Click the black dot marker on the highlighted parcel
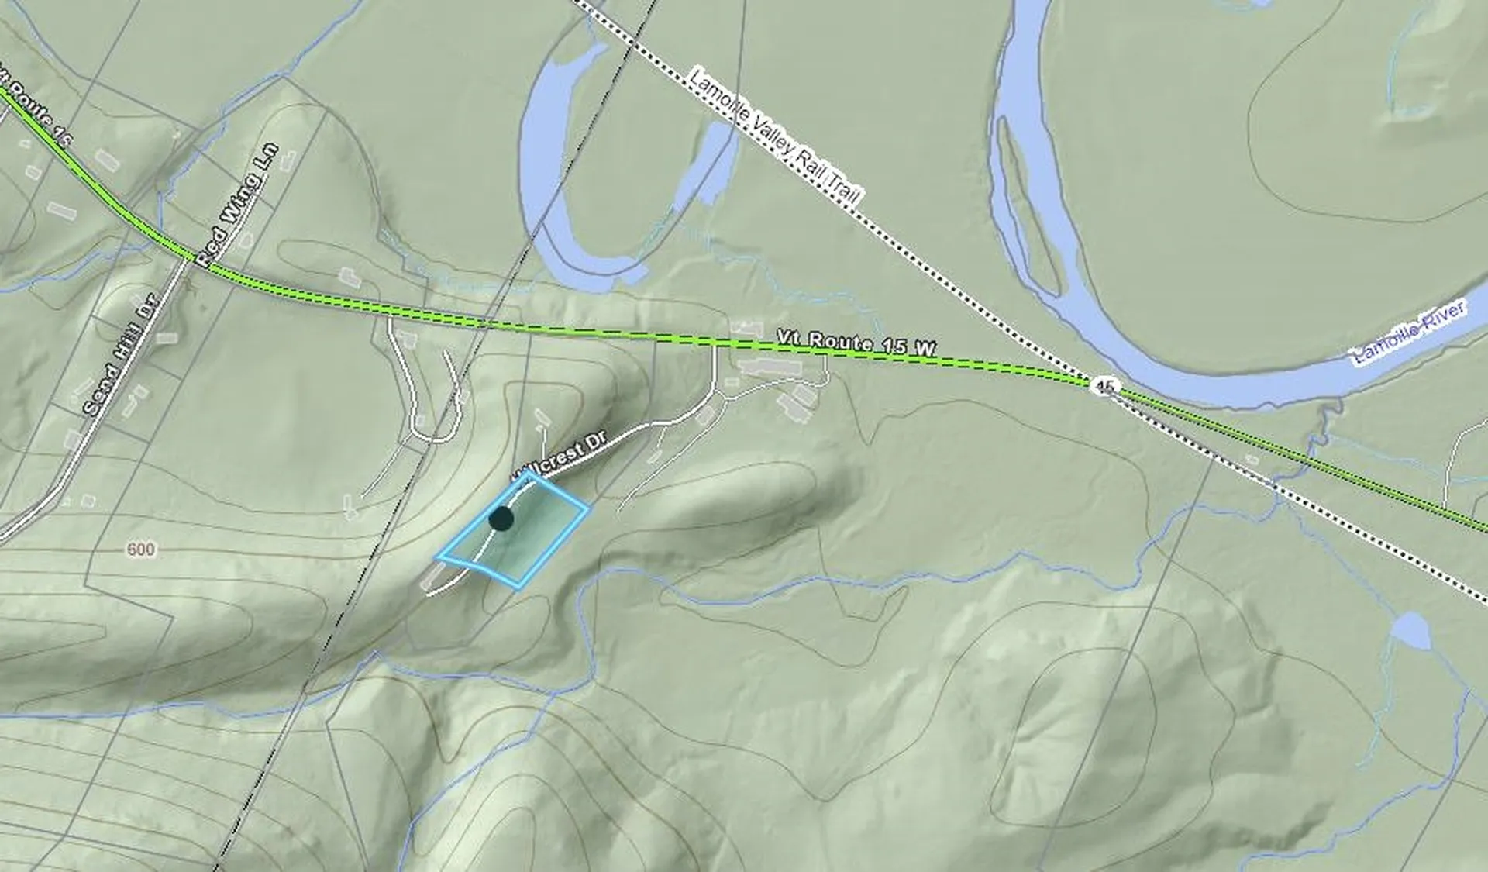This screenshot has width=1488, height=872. [501, 519]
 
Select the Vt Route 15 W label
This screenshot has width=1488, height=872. [856, 343]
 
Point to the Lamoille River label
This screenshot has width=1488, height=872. [1408, 334]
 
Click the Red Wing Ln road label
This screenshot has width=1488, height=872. [236, 205]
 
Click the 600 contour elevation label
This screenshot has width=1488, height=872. [140, 550]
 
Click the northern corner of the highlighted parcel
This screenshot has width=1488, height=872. [535, 474]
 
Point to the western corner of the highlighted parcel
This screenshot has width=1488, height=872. [439, 557]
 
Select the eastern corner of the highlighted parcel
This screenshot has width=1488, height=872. [588, 508]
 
